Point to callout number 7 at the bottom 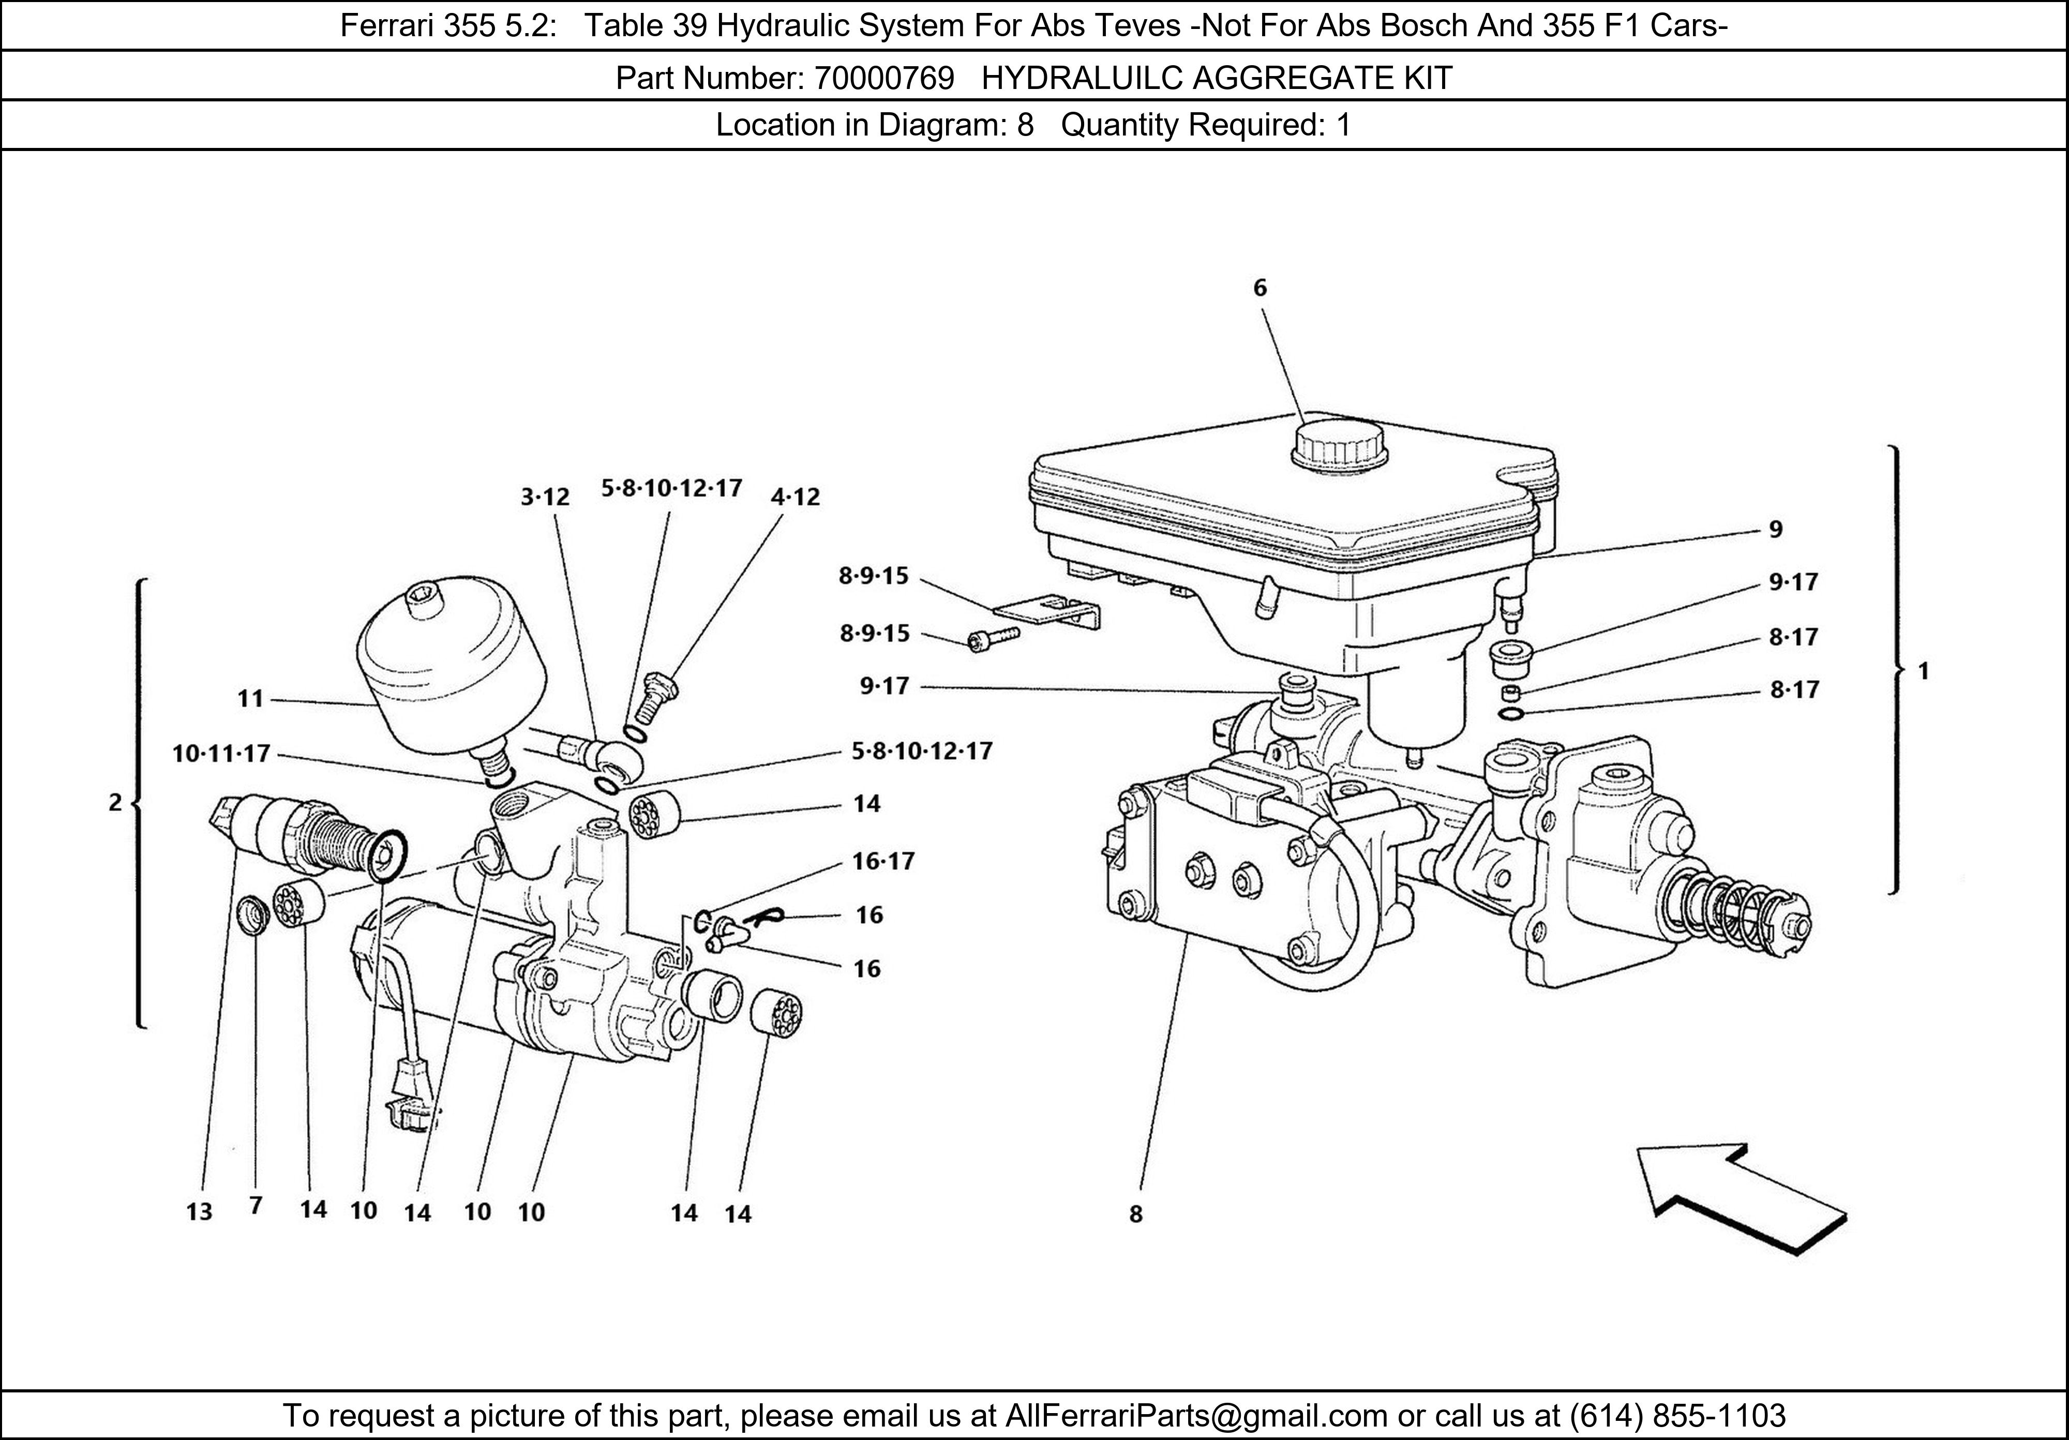[x=256, y=1206]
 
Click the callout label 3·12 [x=545, y=497]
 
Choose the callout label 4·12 [x=796, y=497]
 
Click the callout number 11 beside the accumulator [x=250, y=698]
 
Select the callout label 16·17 [x=883, y=862]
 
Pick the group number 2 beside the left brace [x=114, y=802]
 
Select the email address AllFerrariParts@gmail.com [x=1196, y=1416]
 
